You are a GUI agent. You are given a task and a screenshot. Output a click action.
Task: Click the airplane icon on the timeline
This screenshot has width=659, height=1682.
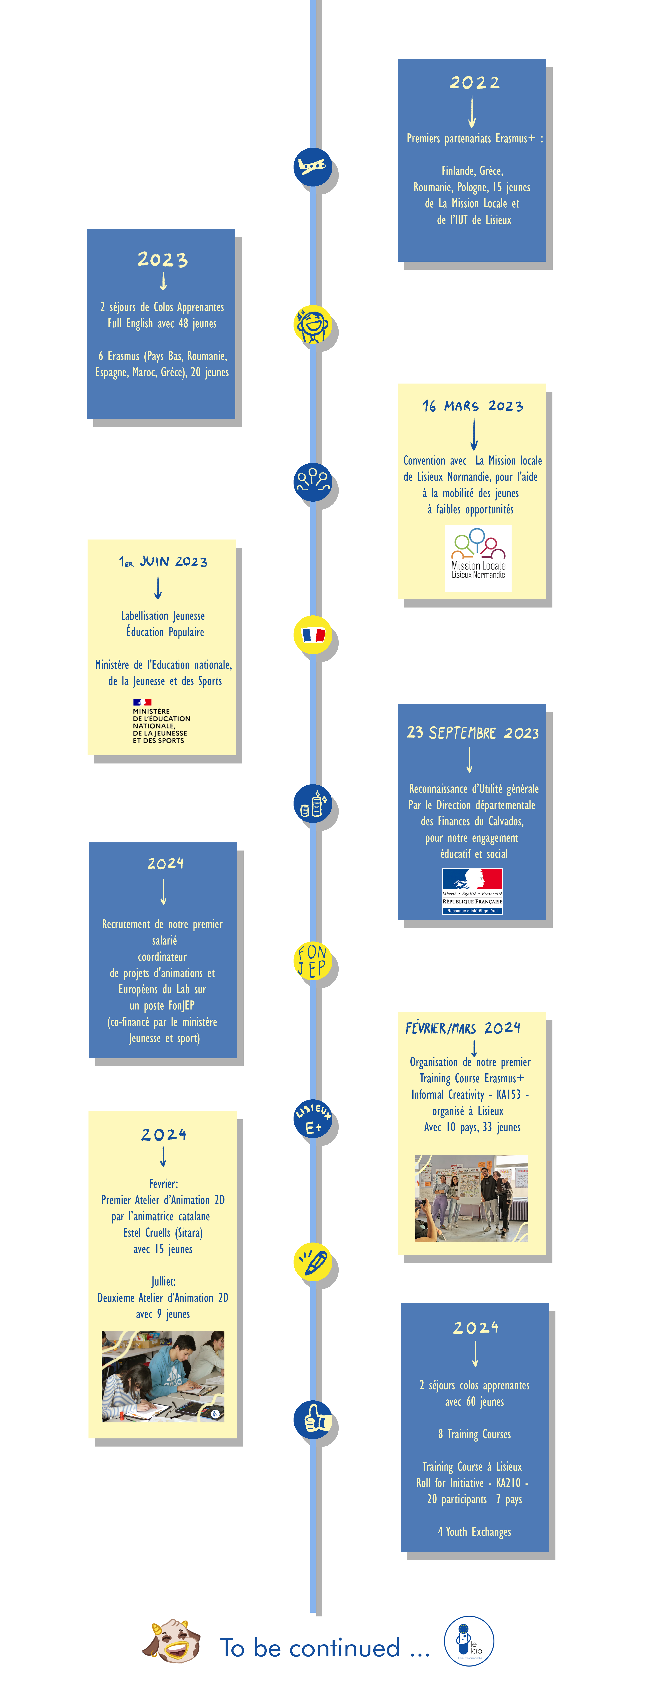pyautogui.click(x=313, y=167)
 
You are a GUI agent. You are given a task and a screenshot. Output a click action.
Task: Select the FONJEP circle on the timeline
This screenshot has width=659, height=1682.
pyautogui.click(x=313, y=961)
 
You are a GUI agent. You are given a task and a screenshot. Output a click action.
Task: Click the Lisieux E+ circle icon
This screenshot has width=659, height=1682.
pyautogui.click(x=313, y=1119)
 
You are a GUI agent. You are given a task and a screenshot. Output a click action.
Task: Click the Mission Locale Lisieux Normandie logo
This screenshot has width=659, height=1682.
pyautogui.click(x=478, y=558)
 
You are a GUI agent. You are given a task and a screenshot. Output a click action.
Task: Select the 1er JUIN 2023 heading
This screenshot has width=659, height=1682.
pyautogui.click(x=163, y=562)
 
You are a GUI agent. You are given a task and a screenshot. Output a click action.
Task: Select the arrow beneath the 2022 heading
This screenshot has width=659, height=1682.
pyautogui.click(x=472, y=112)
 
